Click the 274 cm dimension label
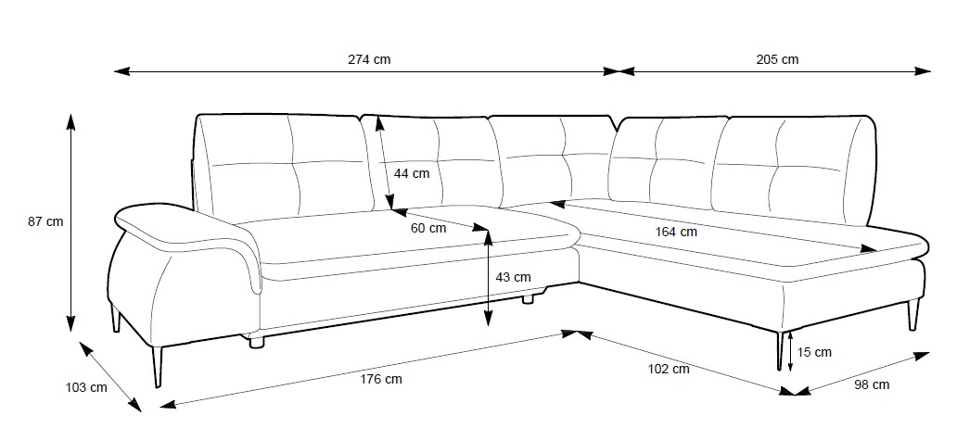pos(369,59)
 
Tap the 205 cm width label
pos(777,59)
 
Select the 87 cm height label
pos(45,221)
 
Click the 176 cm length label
pos(381,378)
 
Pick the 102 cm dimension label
pos(668,369)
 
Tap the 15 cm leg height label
pos(814,351)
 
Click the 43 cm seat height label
pos(513,277)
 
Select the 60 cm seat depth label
pos(427,228)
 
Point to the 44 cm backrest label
pos(412,173)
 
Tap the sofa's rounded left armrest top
pos(158,219)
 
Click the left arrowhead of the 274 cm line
pos(120,70)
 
